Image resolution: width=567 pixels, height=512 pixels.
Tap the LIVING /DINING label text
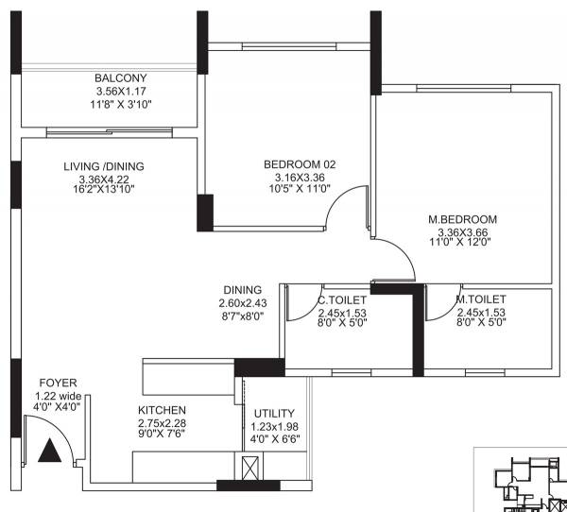[104, 166]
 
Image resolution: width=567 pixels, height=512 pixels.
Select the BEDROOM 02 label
[300, 164]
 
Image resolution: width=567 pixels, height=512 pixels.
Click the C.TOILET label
[342, 300]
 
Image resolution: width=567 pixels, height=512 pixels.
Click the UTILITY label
[274, 413]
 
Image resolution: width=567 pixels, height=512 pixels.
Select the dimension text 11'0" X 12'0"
[461, 243]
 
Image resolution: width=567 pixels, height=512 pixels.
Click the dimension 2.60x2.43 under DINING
[244, 303]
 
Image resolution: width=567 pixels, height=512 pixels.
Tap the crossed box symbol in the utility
[249, 467]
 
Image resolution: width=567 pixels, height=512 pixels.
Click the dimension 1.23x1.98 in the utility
[274, 425]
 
